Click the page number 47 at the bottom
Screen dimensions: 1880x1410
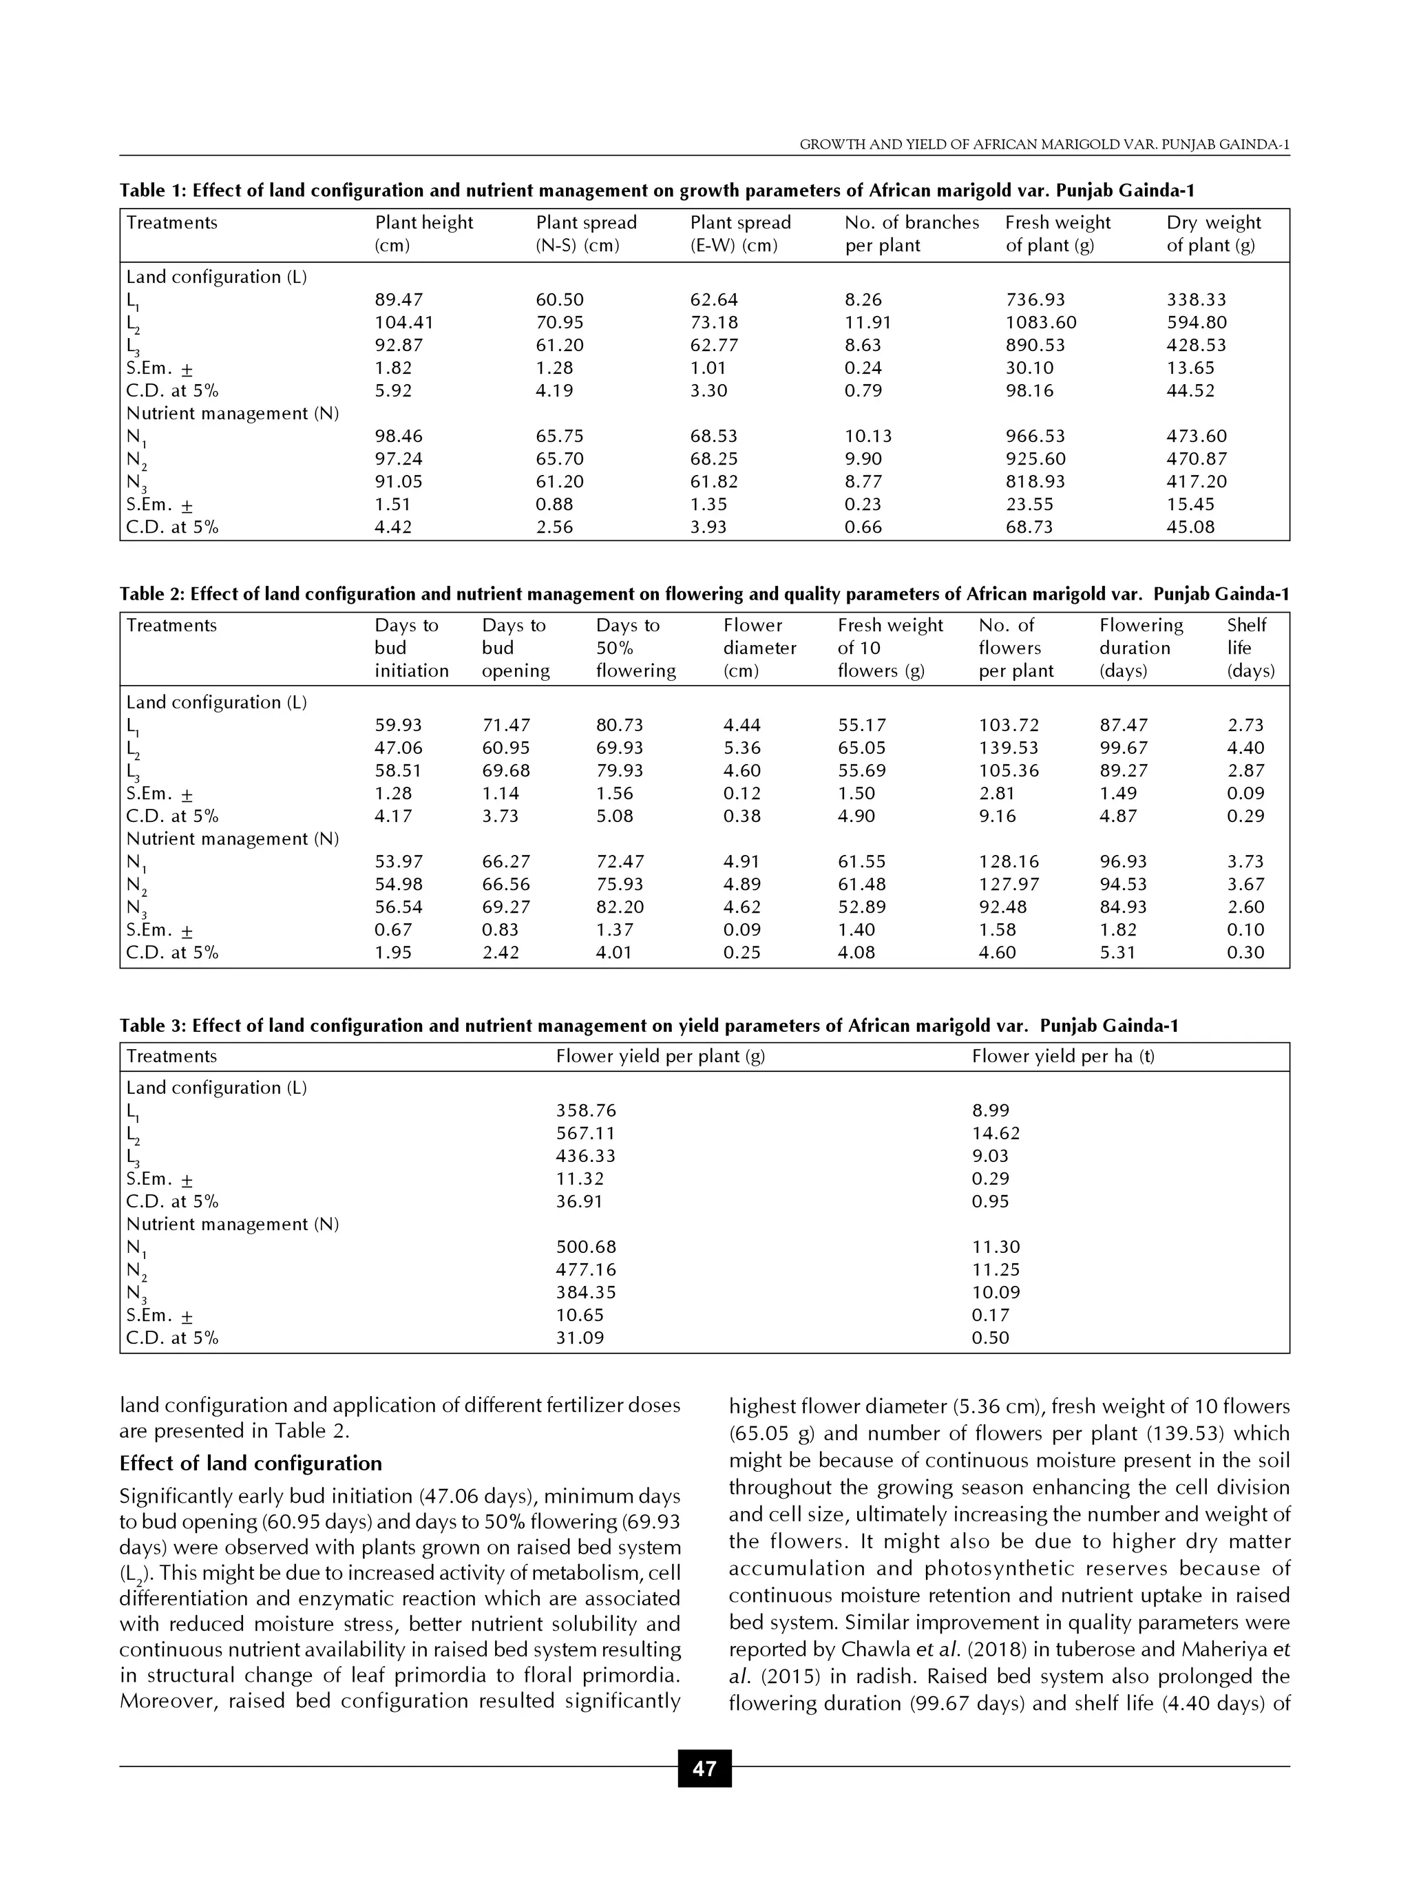pos(704,1768)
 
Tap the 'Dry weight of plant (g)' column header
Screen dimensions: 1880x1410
pos(1213,234)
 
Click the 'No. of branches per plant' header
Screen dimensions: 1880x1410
pos(911,234)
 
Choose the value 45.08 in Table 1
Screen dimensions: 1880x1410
pos(1190,527)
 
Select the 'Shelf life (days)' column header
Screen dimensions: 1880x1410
pos(1250,648)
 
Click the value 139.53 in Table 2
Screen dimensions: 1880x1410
pos(1008,748)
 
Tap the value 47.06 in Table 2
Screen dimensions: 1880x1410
pos(398,748)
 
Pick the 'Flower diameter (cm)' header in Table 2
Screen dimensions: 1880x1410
pos(759,648)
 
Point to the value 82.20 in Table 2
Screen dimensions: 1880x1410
pos(620,907)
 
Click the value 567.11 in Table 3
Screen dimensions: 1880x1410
pos(586,1133)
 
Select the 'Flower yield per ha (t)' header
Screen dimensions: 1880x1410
pos(1062,1057)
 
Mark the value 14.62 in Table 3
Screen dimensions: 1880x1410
pos(996,1133)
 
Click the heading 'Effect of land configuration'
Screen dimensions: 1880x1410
pos(251,1464)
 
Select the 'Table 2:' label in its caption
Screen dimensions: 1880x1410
pos(152,594)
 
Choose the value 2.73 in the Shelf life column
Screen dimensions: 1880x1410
pos(1245,725)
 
